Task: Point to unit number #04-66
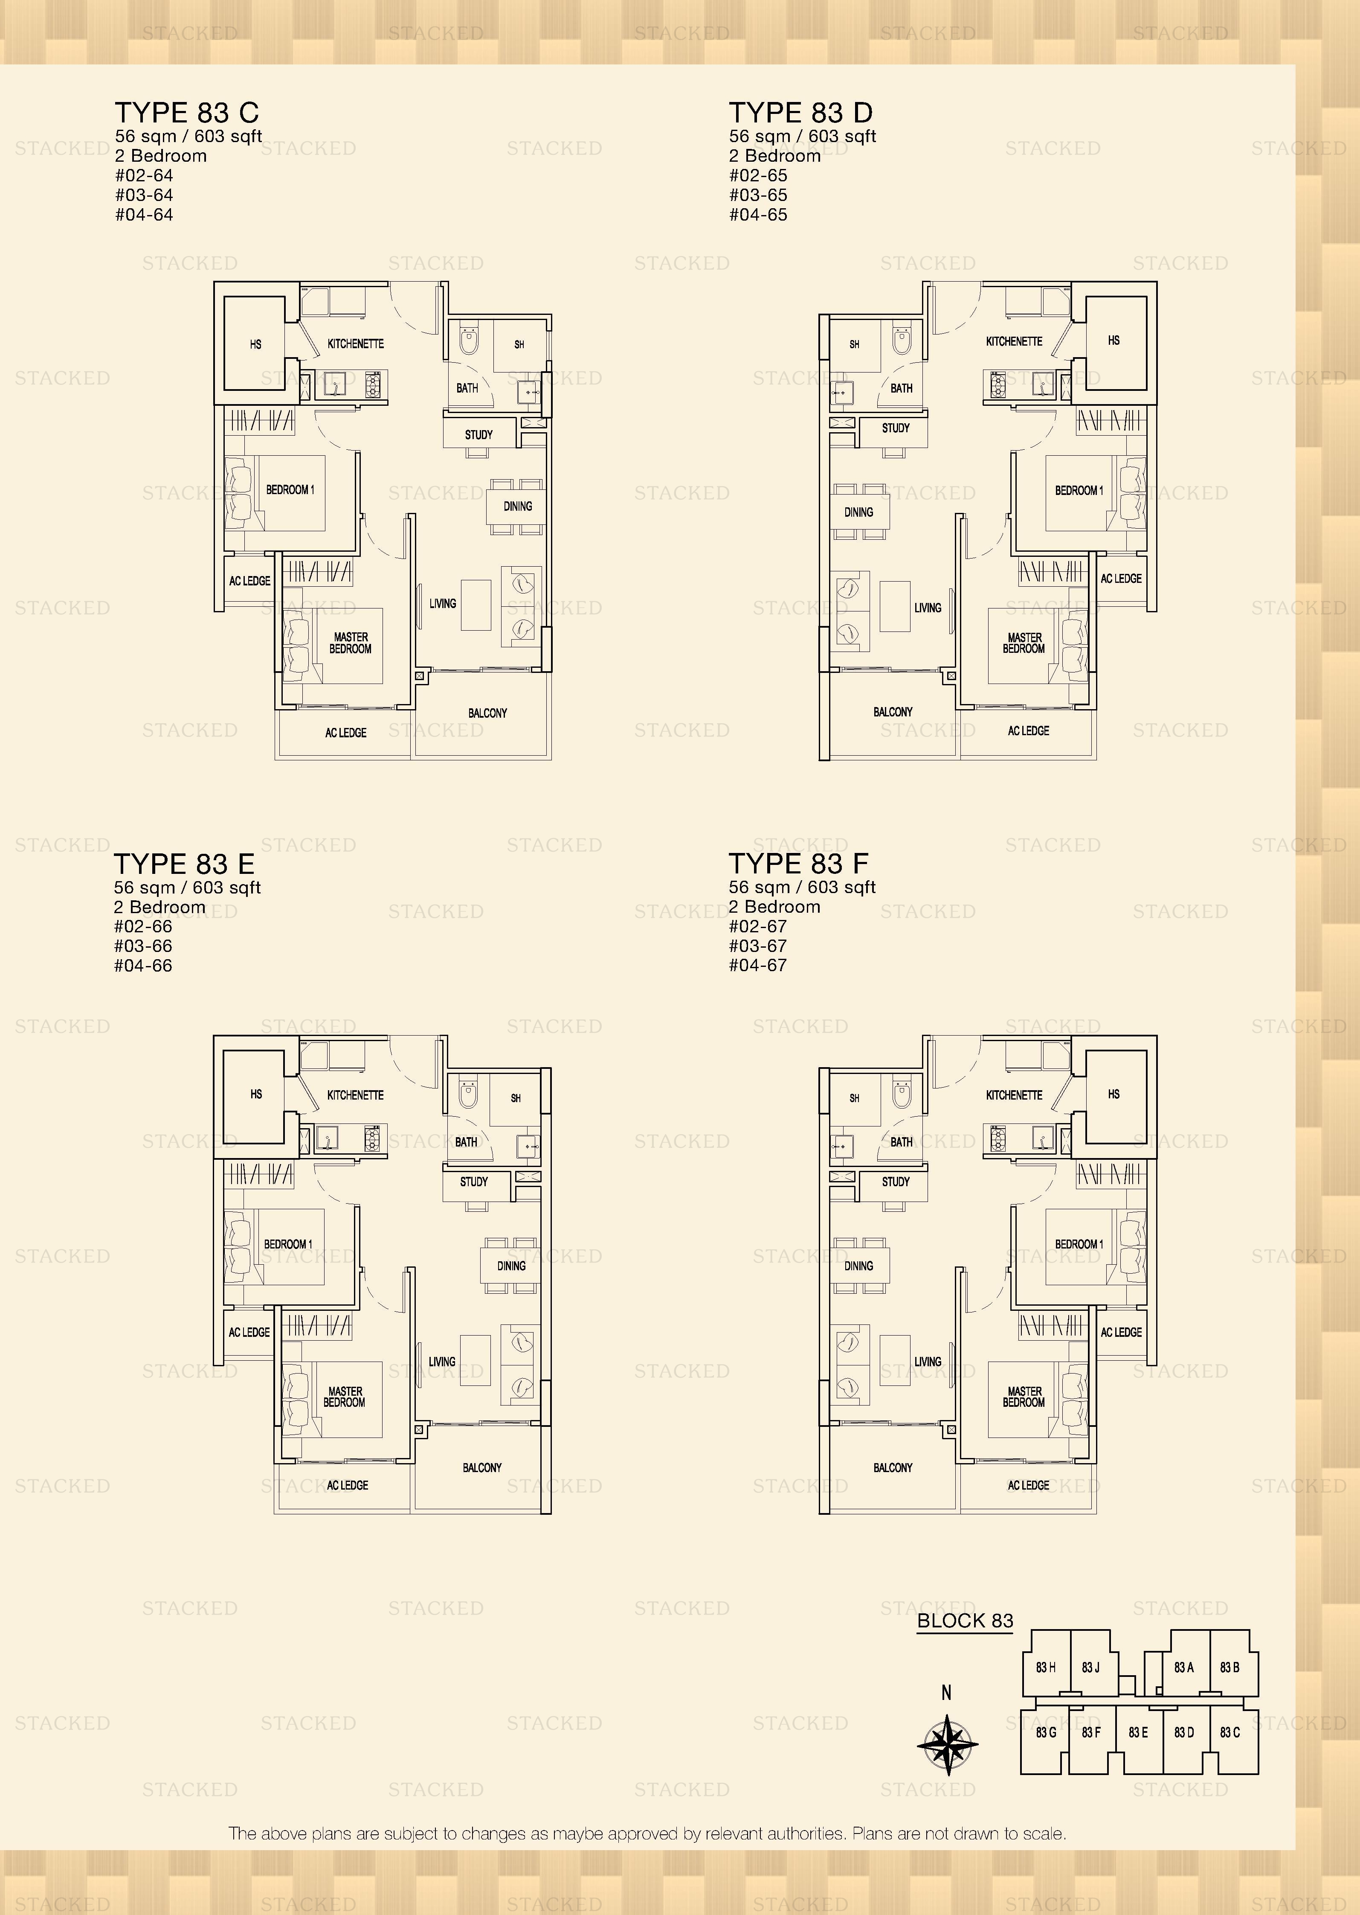coord(143,966)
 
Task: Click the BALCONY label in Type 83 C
coord(487,713)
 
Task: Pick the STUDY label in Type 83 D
coord(895,428)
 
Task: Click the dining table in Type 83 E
coord(511,1266)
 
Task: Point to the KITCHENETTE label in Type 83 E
coord(355,1095)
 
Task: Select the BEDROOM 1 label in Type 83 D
coord(1079,490)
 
